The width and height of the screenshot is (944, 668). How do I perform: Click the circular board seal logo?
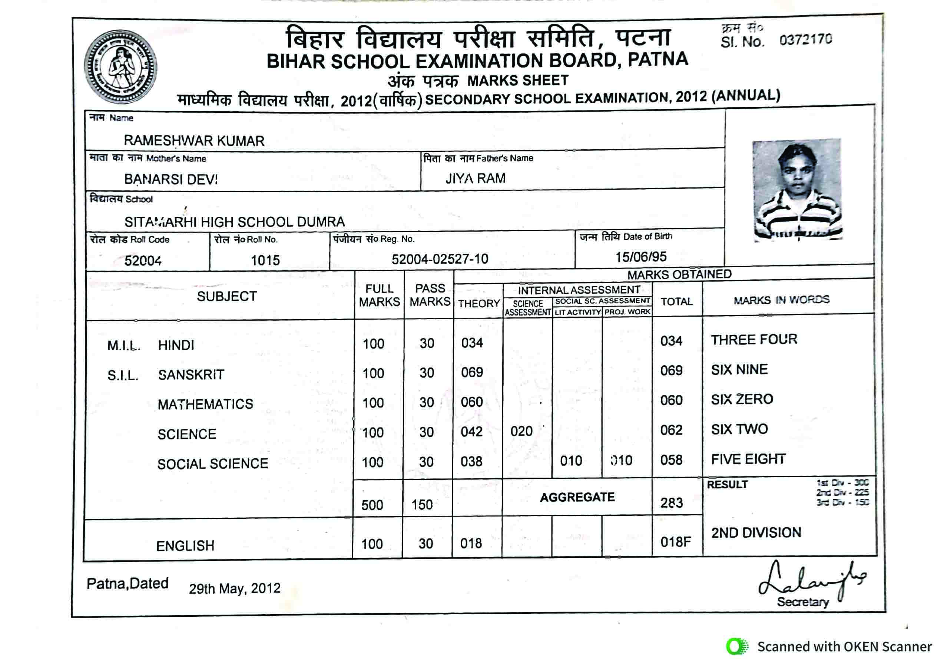tap(120, 67)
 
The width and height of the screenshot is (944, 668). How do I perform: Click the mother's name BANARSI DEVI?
tap(171, 179)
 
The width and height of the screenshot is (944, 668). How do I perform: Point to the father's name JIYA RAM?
tap(475, 178)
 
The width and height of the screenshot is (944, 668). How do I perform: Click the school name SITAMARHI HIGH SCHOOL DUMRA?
tap(234, 222)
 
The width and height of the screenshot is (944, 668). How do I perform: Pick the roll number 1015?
tap(265, 260)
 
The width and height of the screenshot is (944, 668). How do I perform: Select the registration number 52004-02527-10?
tap(440, 259)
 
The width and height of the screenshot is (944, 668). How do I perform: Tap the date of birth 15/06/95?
tap(640, 257)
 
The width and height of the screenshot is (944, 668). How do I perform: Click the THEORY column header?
tap(479, 303)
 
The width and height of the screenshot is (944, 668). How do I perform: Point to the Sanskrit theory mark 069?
tap(471, 372)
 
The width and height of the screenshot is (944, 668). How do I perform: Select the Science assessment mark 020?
tap(521, 431)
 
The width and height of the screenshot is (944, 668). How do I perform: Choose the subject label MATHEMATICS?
tap(205, 404)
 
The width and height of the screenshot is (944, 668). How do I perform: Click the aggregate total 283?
tap(672, 502)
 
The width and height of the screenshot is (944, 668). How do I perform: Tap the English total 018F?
tap(676, 542)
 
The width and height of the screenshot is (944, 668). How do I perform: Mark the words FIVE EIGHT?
tap(748, 459)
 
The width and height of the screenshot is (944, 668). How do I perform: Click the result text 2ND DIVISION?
tap(756, 533)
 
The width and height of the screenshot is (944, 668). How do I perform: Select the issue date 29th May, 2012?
tap(234, 589)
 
